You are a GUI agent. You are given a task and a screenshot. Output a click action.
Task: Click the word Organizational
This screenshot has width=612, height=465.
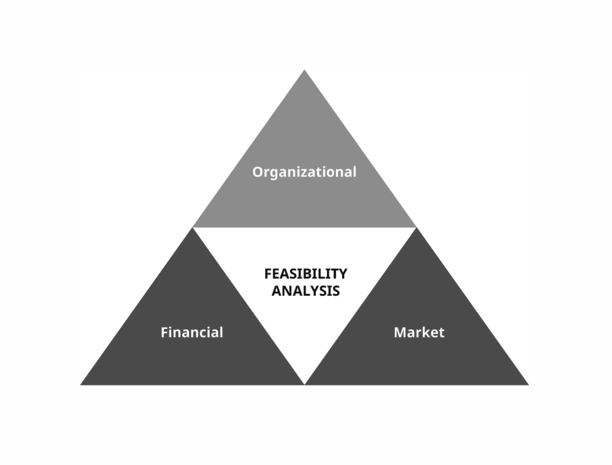pos(304,172)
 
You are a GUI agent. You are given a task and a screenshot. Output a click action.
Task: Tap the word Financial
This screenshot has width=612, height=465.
pos(192,333)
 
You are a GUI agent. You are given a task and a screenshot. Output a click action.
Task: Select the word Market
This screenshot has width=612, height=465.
pos(419,333)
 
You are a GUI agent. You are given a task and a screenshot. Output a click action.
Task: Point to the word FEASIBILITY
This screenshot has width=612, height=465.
pos(306,274)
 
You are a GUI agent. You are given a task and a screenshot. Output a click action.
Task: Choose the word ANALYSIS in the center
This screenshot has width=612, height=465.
pos(306,291)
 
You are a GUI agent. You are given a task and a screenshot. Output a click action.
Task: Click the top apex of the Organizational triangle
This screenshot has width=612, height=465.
pos(304,70)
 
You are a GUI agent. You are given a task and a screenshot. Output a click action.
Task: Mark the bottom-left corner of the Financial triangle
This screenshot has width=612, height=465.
pos(81,384)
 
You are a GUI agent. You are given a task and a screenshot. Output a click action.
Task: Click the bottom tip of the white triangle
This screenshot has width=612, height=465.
pos(304,384)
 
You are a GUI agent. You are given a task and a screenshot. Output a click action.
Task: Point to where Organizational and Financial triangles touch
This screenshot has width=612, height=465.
pos(193,227)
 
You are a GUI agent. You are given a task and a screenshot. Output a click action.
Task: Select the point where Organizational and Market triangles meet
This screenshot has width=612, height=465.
pos(416,227)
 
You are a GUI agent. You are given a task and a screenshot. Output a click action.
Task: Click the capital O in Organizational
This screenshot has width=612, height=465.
pos(258,172)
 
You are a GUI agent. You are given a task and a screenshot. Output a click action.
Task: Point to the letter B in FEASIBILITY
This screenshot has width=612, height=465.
pos(305,274)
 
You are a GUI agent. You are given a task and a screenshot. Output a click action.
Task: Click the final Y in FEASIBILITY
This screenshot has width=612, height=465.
pos(343,274)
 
